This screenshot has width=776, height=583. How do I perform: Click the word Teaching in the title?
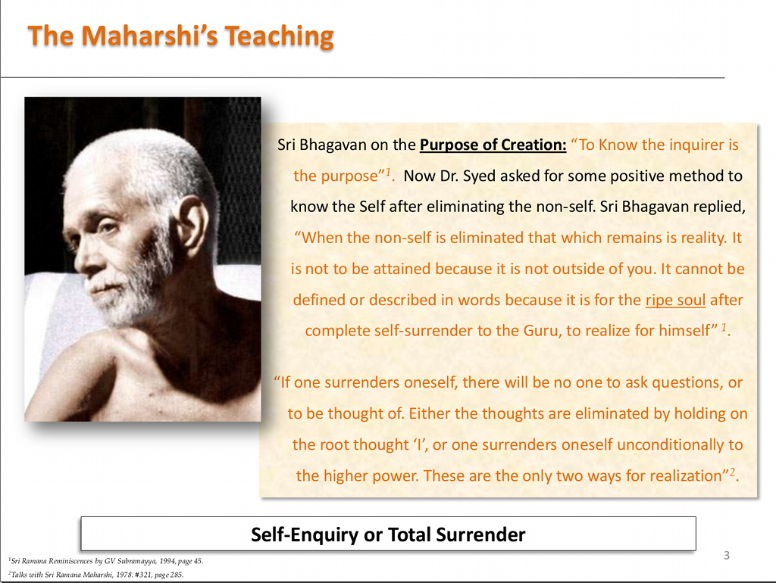pyautogui.click(x=279, y=36)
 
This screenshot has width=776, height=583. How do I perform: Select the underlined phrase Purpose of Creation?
pyautogui.click(x=493, y=145)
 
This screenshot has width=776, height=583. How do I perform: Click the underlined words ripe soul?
pyautogui.click(x=675, y=300)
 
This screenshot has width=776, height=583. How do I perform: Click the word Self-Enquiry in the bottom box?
pyautogui.click(x=305, y=535)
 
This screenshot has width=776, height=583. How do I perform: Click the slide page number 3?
pyautogui.click(x=727, y=555)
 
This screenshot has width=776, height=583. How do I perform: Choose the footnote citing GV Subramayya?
pyautogui.click(x=106, y=561)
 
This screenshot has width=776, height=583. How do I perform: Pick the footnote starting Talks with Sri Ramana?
pyautogui.click(x=96, y=575)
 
